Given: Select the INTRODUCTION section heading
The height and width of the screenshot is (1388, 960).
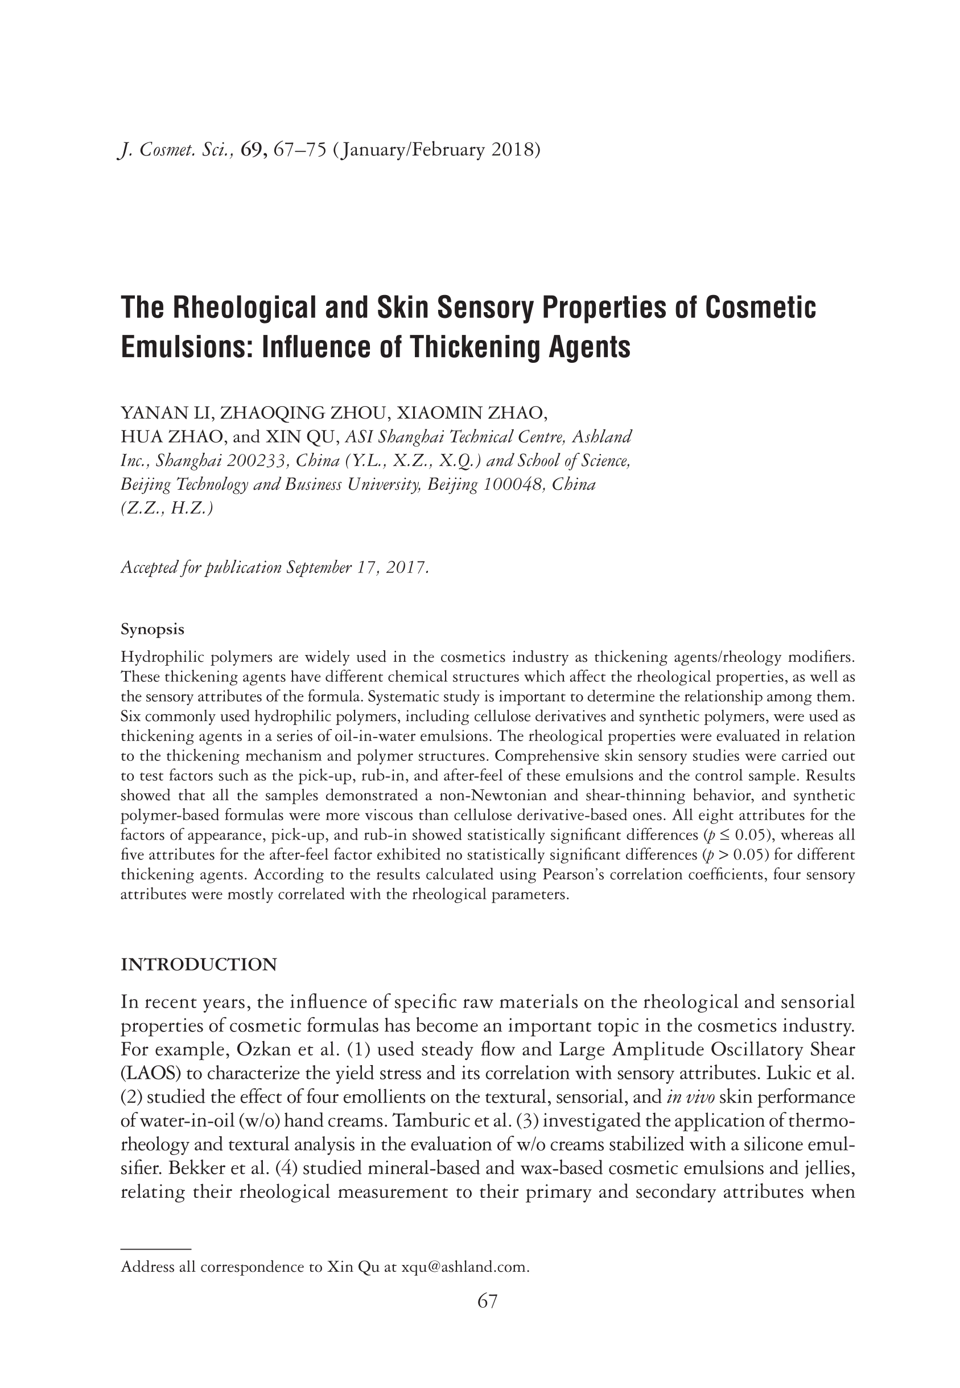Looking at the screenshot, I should pyautogui.click(x=199, y=965).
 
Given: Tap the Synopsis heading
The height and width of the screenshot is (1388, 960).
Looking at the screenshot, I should pyautogui.click(x=152, y=629).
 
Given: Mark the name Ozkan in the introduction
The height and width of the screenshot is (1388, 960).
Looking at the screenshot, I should pyautogui.click(x=261, y=1050).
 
